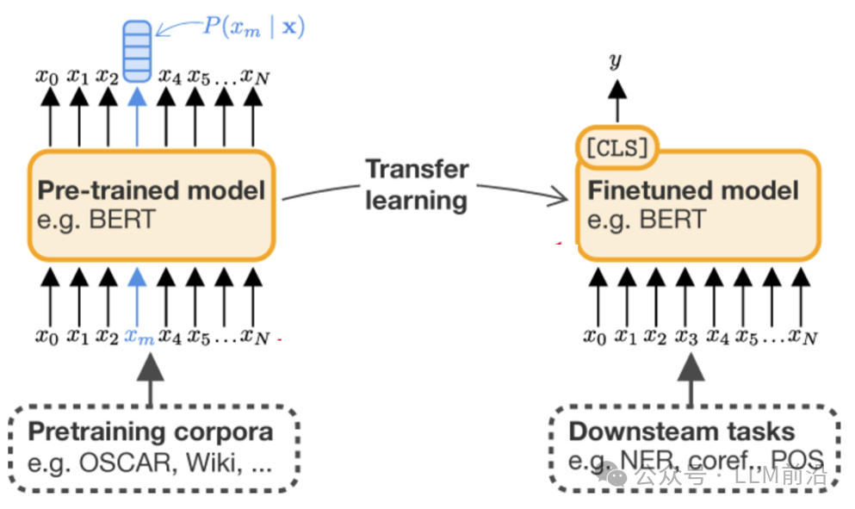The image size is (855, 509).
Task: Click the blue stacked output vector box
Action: tap(137, 52)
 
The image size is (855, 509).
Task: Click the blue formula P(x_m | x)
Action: tap(253, 27)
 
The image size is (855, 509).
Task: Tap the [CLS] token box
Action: tap(617, 148)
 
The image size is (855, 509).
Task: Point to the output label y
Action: tap(616, 60)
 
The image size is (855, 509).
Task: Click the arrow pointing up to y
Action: tap(617, 101)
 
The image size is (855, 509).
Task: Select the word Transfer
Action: tap(417, 169)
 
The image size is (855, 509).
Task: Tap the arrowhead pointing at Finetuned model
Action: tap(559, 196)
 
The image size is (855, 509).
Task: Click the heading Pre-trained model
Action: tap(151, 190)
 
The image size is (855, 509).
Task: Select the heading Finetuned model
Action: tap(693, 190)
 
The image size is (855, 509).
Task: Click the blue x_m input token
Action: tap(139, 337)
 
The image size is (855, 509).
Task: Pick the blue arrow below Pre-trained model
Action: tap(137, 298)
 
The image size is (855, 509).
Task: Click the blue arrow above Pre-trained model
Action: tap(137, 117)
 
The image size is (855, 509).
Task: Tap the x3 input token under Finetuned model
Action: tap(686, 337)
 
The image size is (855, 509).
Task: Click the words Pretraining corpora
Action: tap(151, 431)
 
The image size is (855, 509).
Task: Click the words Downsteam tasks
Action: tap(682, 431)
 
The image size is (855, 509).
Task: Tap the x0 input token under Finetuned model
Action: tap(595, 337)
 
